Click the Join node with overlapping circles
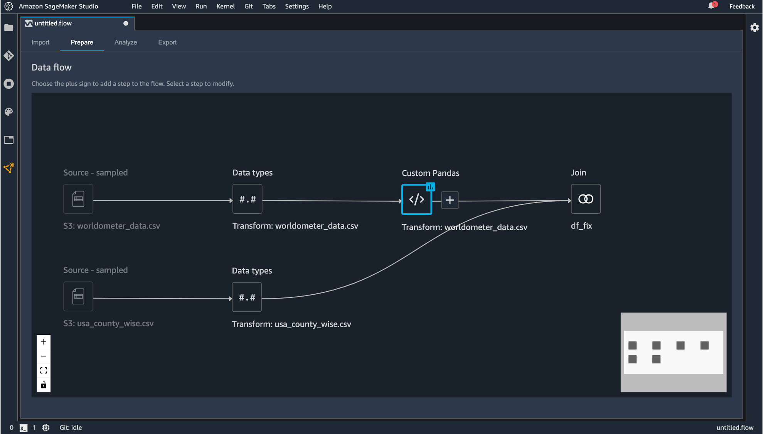(586, 199)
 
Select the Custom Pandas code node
(416, 199)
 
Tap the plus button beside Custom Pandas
(450, 200)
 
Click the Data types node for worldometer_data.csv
(248, 199)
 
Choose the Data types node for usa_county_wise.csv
(247, 297)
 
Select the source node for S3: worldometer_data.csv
(78, 199)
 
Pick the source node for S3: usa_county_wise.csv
(78, 296)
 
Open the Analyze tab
(126, 42)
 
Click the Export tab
(167, 42)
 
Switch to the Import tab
(40, 42)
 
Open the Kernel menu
(226, 6)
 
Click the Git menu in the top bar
(249, 6)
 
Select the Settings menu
(297, 6)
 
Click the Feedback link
(742, 6)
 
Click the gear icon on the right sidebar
(755, 27)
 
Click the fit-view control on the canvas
(44, 371)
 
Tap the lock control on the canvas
(44, 385)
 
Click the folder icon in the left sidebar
(8, 28)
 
